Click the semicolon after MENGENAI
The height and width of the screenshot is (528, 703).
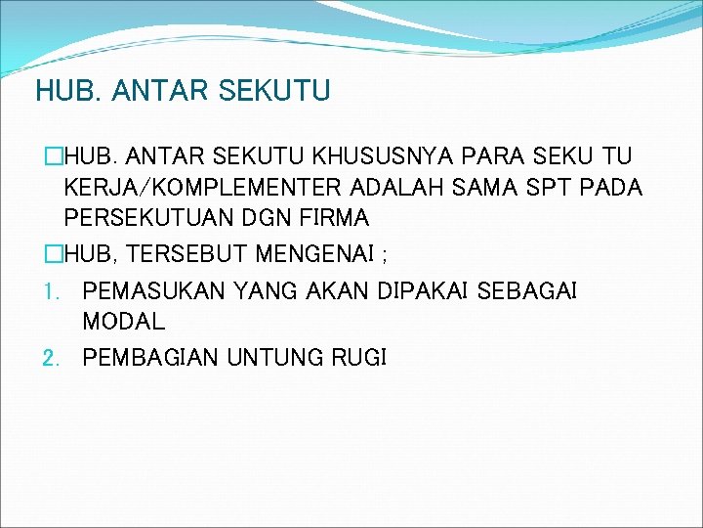pyautogui.click(x=385, y=257)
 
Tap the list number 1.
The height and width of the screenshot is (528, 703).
pyautogui.click(x=52, y=291)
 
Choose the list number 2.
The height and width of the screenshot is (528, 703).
pyautogui.click(x=52, y=358)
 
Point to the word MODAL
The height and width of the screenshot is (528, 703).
pyautogui.click(x=124, y=321)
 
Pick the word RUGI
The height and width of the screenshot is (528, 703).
pyautogui.click(x=357, y=358)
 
